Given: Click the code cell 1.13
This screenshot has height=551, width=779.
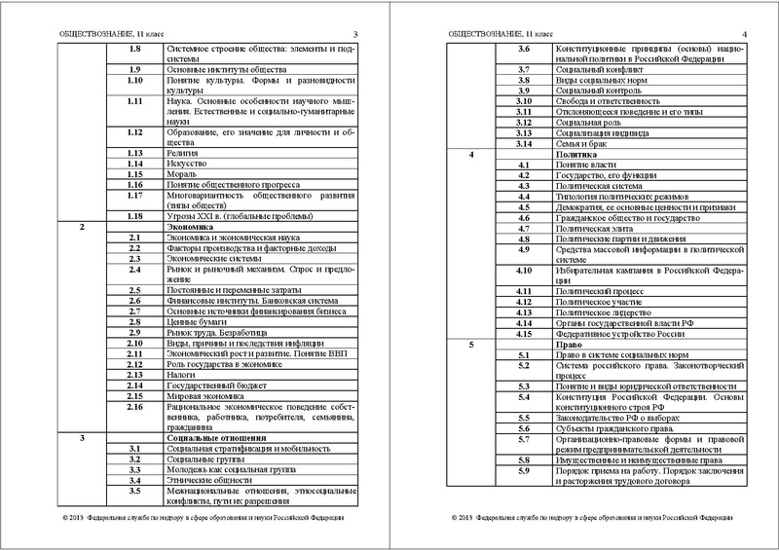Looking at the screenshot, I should tap(135, 153).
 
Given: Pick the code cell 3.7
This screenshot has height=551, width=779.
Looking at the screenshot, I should tap(522, 70).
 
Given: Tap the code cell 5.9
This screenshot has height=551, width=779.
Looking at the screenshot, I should tap(522, 471).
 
